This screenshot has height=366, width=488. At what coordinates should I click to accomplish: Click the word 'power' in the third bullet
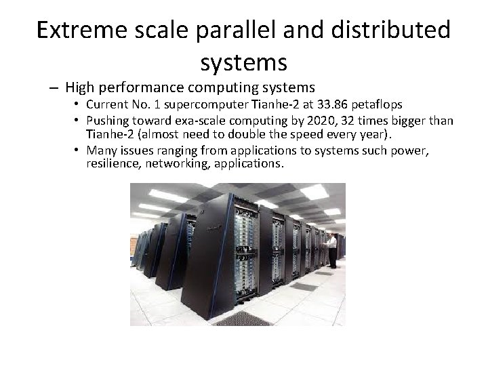coord(413,150)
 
